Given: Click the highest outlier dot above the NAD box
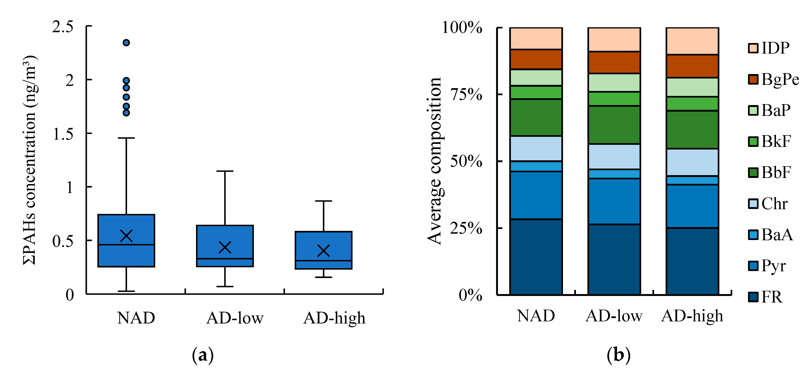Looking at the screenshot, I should [x=126, y=43].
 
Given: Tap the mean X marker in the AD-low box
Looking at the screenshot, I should [x=225, y=247].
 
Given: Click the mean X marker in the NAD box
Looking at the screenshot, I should [x=126, y=236].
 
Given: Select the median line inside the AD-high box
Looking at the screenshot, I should [x=323, y=261].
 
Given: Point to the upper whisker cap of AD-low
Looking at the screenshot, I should [x=225, y=171].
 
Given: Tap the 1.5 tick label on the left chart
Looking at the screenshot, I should [x=63, y=134].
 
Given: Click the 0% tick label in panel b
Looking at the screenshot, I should [x=470, y=295].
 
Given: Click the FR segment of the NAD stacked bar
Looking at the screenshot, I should [x=536, y=257].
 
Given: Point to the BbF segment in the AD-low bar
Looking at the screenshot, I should [x=614, y=125].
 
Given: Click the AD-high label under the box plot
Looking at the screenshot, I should [x=334, y=318].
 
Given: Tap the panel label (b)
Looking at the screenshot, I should [x=618, y=355].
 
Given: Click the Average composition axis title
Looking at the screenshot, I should [x=434, y=161].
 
